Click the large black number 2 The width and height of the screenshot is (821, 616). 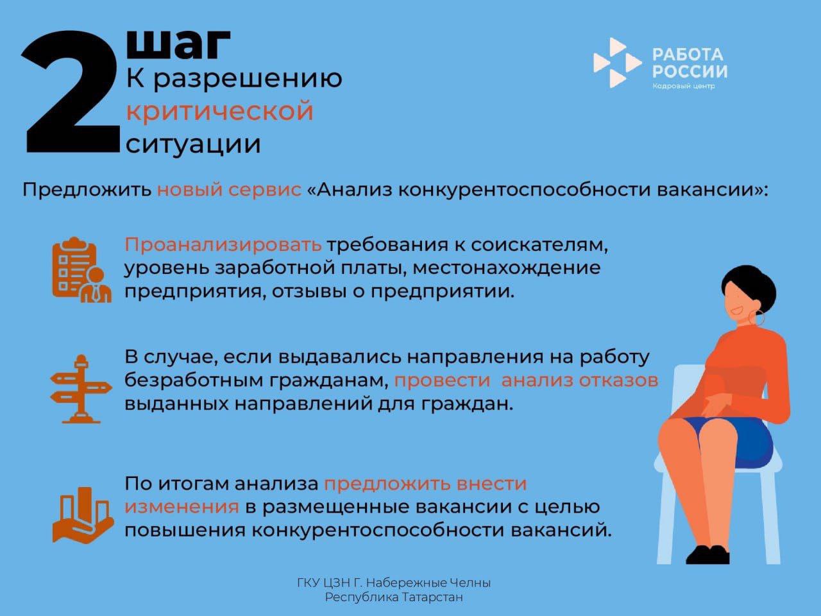click(x=71, y=93)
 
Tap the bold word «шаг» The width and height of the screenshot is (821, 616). click(x=178, y=44)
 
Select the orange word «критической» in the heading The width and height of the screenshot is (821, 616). click(x=219, y=111)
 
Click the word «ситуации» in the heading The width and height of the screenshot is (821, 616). click(x=193, y=143)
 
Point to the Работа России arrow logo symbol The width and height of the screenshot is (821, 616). click(x=616, y=62)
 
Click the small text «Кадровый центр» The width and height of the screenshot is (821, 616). click(x=683, y=87)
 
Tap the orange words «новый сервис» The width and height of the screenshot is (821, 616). click(x=229, y=190)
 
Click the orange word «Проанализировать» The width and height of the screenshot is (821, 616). click(x=223, y=244)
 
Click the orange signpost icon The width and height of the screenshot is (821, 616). click(x=81, y=388)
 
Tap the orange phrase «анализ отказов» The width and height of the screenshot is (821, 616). click(x=579, y=380)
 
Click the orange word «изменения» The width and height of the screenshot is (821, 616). click(x=182, y=506)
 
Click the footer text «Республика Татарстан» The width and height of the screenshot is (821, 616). click(x=394, y=597)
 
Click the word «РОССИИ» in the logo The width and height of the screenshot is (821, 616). click(x=690, y=71)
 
